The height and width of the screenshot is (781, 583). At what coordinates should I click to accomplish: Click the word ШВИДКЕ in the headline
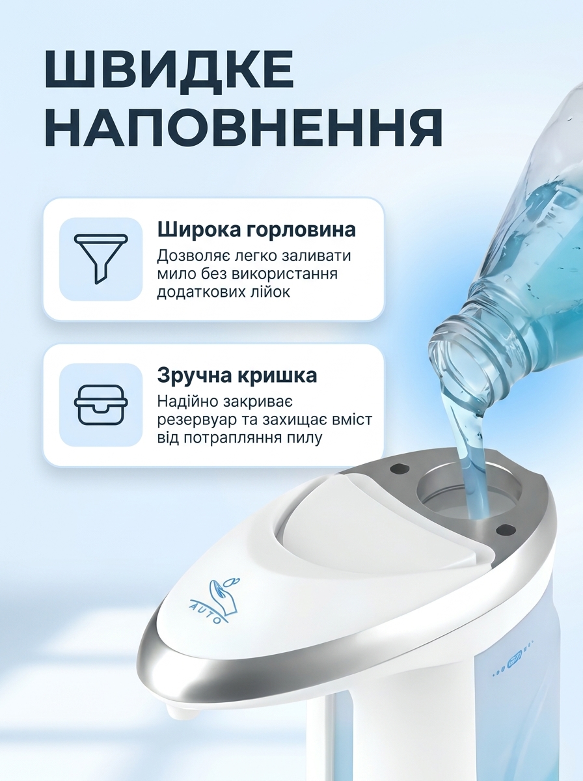click(170, 70)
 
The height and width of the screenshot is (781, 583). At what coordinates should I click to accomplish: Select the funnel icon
click(101, 259)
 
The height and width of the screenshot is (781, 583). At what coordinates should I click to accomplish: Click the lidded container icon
click(101, 405)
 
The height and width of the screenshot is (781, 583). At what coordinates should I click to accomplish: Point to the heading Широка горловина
click(256, 230)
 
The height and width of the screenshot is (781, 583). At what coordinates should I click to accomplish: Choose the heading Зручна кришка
click(237, 376)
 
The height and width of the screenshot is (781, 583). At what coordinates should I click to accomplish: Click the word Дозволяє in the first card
click(189, 256)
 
